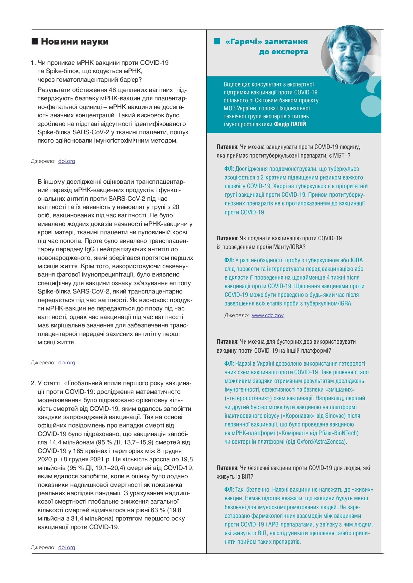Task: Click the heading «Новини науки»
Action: [75, 42]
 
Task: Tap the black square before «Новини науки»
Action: [35, 42]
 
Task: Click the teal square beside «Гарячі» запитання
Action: [217, 41]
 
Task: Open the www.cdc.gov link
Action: [268, 315]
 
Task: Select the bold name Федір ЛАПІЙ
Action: [290, 124]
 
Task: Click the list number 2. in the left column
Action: [33, 383]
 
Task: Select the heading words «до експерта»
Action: [284, 52]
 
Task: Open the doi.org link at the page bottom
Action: [67, 547]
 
